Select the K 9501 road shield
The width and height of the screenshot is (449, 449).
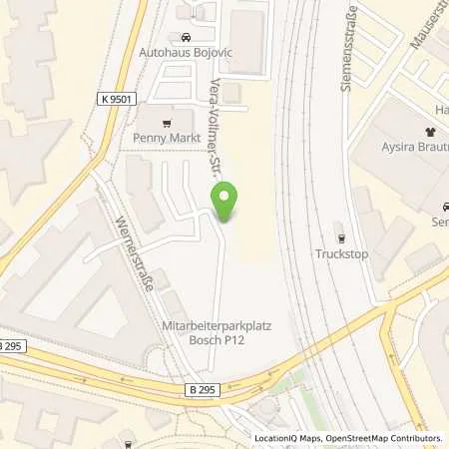[x=116, y=99]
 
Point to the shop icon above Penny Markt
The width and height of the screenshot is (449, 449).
[x=151, y=124]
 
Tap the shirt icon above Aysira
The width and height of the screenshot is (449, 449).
[x=430, y=131]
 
